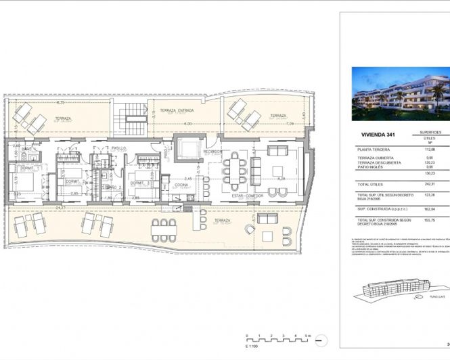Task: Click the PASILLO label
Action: click(x=120, y=146)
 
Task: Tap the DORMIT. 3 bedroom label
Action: click(x=141, y=183)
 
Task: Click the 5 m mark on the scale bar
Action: click(x=307, y=336)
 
